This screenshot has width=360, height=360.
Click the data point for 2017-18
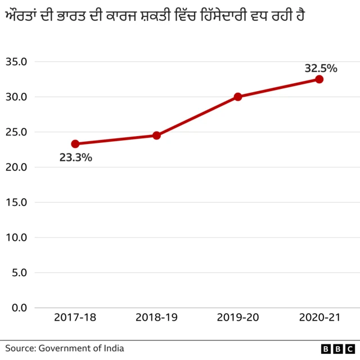75,144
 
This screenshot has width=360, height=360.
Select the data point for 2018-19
156,136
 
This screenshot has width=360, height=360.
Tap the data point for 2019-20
238,97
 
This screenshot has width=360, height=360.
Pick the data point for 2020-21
319,79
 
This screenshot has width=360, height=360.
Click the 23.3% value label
75,158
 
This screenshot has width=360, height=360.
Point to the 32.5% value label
321,69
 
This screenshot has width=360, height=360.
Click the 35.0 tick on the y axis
17,62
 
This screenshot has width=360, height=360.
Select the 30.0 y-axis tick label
17,97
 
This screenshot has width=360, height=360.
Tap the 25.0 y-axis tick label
17,132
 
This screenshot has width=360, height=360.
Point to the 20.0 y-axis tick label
17,167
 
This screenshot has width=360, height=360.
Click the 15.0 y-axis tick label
17,202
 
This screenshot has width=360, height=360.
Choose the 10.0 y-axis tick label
17,237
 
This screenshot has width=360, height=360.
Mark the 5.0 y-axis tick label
19,272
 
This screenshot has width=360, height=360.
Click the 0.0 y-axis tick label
19,308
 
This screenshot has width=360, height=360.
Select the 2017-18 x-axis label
75,318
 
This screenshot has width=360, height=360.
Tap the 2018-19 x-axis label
156,318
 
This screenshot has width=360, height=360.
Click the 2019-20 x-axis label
238,318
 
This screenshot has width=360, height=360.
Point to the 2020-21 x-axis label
319,318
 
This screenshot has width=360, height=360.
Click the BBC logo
337,349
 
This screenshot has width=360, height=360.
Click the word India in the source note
113,348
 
